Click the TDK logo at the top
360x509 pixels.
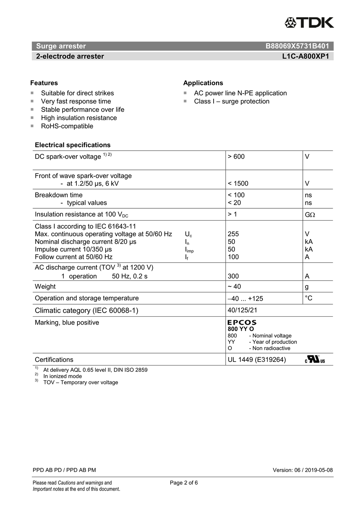309,23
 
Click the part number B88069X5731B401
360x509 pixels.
297,46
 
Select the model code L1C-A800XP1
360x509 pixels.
305,56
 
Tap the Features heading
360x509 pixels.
44,83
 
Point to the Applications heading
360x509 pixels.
203,83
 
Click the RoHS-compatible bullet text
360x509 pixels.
67,126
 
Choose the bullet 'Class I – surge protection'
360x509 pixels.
232,102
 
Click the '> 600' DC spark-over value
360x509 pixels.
236,157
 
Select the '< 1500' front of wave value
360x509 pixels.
238,184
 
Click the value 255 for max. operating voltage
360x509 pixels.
233,234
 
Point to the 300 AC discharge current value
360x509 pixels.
233,276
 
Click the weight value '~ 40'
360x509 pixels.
234,287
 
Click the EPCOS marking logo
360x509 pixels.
242,322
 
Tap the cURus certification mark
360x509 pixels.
315,359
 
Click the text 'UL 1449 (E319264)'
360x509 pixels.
257,360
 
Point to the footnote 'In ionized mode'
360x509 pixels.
62,376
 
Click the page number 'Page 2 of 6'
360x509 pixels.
184,483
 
